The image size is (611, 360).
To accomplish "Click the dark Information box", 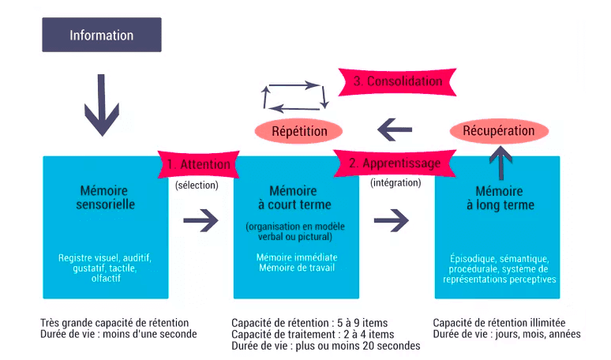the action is pos(102,35).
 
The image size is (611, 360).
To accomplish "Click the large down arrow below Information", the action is pos(102,105).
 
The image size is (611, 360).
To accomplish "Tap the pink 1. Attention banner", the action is pos(199,164).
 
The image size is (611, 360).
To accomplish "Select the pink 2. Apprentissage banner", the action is pos(395,163).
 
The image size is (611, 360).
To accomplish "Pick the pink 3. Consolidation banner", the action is pos(397,81).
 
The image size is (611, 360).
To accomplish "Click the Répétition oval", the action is pos(299,131).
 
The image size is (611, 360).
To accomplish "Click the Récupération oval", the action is pos(499,130).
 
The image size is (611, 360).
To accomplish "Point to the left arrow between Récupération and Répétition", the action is pos(395,129).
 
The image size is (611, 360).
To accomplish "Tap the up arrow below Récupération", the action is pos(500,163).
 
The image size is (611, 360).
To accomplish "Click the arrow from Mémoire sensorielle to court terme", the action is pos(201,220).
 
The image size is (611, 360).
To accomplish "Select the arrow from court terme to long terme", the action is pos(392,220).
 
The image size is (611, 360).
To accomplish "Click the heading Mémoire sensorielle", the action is pos(105,197).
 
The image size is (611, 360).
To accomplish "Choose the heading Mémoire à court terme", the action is pos(294,197).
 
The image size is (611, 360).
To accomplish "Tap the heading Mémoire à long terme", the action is pos(500,198).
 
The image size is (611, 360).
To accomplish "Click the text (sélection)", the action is pos(197,185).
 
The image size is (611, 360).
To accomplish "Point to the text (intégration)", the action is pos(395,182).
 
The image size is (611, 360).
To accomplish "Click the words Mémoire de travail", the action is pos(297,268).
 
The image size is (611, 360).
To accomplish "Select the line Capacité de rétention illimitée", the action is pos(499,323).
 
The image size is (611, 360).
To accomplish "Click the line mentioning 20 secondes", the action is pos(326,346).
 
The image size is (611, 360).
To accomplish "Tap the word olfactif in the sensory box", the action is pos(106,278).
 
